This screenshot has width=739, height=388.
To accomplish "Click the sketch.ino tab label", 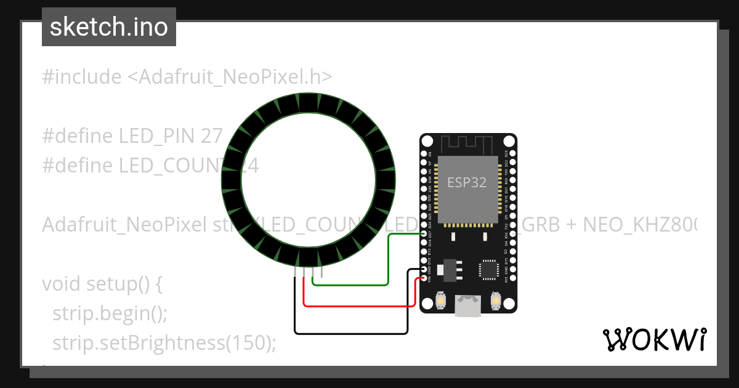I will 108,27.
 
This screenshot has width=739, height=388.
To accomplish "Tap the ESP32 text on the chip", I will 467,183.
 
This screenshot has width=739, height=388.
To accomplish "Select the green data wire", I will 388,259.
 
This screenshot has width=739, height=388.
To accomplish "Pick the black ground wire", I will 351,334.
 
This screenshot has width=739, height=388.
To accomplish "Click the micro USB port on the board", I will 468,305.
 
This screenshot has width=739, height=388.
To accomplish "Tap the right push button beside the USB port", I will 495,301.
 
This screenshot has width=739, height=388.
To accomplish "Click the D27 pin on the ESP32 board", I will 424,234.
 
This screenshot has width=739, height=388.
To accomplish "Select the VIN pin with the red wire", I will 424,279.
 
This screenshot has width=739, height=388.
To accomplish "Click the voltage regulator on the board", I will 446,269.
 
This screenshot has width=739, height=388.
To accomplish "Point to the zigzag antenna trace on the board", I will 468,144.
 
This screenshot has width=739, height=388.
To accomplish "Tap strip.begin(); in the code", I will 110,313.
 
